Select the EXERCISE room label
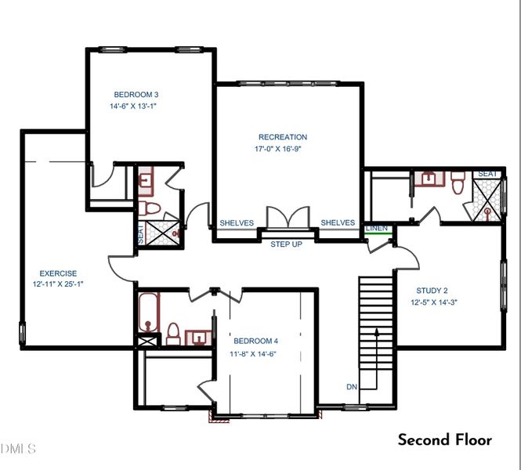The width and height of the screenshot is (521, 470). pyautogui.click(x=58, y=273)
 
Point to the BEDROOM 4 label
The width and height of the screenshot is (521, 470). pyautogui.click(x=256, y=341)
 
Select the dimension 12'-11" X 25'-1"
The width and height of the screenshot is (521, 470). pyautogui.click(x=58, y=284)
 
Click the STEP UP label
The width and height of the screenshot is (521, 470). pyautogui.click(x=286, y=244)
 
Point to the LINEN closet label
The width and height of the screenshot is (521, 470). pyautogui.click(x=377, y=228)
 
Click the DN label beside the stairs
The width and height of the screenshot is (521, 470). pyautogui.click(x=352, y=386)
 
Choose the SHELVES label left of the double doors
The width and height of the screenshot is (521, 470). pyautogui.click(x=237, y=223)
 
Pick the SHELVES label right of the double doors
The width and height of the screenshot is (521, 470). pyautogui.click(x=338, y=223)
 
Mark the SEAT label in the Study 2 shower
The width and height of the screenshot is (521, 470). pyautogui.click(x=487, y=173)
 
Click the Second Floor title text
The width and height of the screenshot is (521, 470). pyautogui.click(x=445, y=439)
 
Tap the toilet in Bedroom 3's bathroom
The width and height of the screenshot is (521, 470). pyautogui.click(x=150, y=208)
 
